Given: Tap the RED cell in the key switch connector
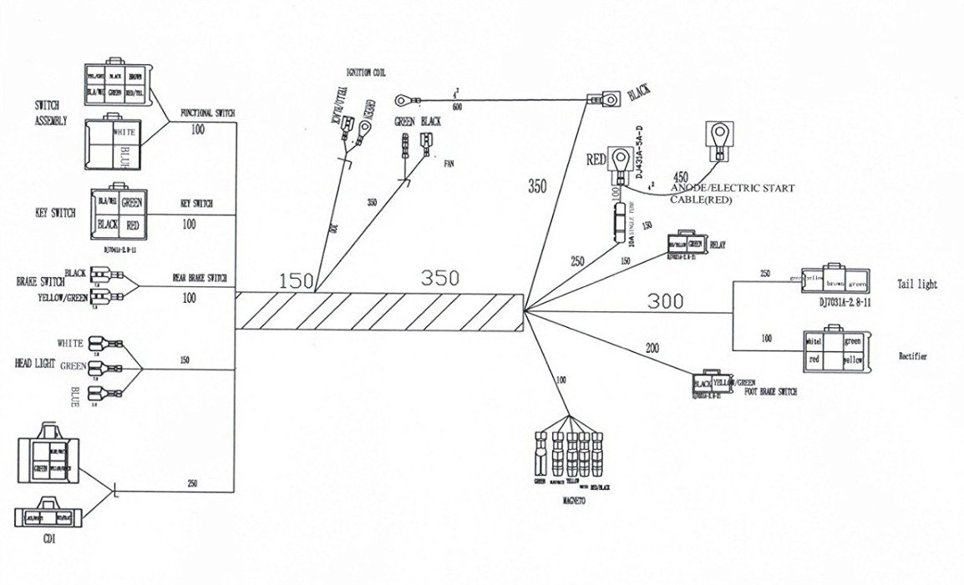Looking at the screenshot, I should (132, 225).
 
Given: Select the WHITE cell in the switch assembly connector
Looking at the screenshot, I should (123, 132).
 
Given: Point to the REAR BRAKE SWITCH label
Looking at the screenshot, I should (199, 278).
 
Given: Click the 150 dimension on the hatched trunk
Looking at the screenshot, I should (296, 281).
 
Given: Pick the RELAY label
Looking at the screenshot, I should (718, 246).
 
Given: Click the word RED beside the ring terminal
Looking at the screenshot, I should (596, 159).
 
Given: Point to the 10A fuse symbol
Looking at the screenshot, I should (617, 224).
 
